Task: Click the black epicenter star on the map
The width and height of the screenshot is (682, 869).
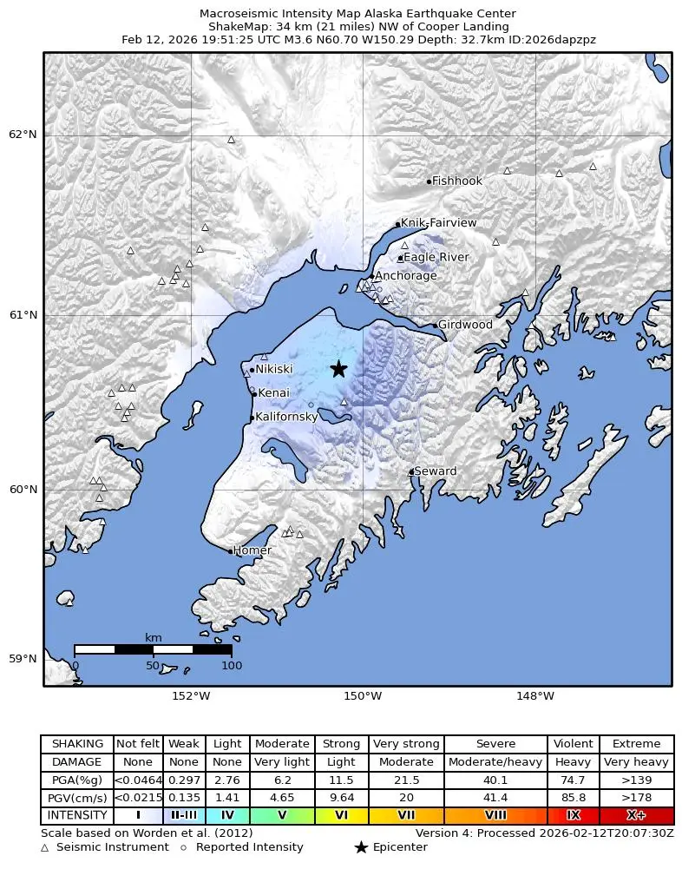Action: point(338,369)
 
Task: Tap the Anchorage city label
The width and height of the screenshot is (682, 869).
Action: point(405,276)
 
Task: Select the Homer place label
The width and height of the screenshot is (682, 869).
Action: point(252,550)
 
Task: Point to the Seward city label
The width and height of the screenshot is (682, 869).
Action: point(435,471)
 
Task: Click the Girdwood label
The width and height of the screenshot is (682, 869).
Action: point(465,325)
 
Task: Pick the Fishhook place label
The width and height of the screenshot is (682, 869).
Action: point(456,181)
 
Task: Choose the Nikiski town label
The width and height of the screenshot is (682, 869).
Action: point(273,369)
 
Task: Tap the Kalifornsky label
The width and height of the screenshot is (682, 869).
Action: point(286,417)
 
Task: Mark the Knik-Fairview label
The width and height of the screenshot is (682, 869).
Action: point(438,223)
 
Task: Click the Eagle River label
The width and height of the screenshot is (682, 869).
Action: point(436,257)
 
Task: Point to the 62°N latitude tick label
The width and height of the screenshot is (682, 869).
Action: point(23,134)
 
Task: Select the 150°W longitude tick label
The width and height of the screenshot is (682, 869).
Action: point(363,695)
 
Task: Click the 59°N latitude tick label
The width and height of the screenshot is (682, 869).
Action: point(23,659)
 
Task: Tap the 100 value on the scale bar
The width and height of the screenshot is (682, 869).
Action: point(232,666)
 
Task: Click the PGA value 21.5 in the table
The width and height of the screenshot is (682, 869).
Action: point(406,781)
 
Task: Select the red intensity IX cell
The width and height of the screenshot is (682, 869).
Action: point(573,816)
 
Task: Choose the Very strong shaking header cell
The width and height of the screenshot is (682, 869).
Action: point(406,744)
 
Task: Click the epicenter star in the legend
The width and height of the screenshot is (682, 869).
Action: point(361,847)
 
